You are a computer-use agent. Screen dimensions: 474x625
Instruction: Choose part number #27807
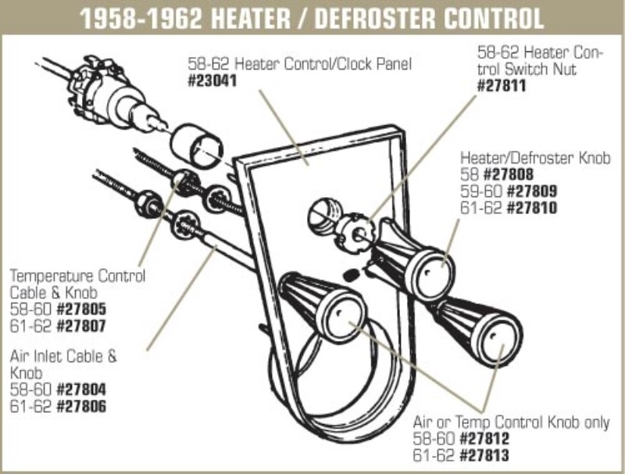point(80,325)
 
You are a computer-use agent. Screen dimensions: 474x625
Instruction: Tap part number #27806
point(80,407)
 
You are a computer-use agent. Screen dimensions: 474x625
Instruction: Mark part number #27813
point(491,457)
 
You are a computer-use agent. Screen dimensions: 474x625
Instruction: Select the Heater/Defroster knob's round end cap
point(430,266)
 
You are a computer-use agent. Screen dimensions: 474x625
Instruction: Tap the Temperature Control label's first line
point(77,275)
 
